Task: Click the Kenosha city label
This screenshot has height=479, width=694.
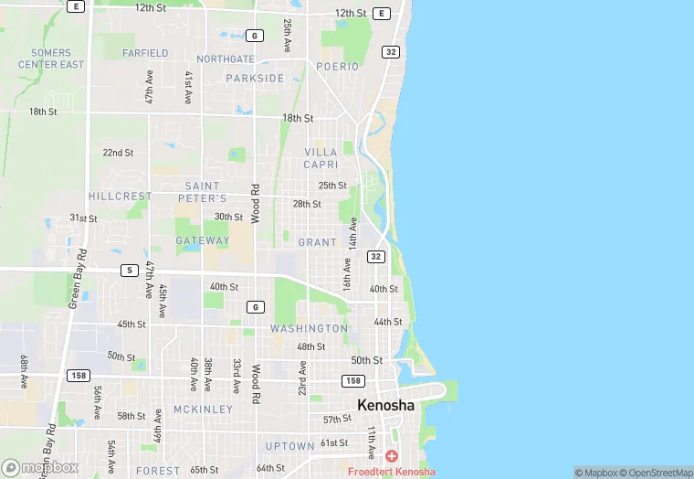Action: (385, 405)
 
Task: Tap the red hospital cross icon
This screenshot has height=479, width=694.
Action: (392, 455)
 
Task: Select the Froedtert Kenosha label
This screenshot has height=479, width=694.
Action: (391, 472)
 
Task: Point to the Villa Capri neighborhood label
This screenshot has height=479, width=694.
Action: (321, 158)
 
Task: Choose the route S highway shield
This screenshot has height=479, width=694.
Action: (131, 271)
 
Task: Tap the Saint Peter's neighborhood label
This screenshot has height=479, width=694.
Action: (203, 192)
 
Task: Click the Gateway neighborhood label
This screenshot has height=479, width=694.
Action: (203, 241)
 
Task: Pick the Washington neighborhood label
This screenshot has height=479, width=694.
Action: (309, 328)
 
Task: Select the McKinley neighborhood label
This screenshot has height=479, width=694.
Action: (203, 410)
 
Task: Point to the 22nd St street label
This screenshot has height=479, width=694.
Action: (118, 153)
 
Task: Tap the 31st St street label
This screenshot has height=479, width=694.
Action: (83, 218)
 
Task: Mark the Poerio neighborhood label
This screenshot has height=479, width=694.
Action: (338, 67)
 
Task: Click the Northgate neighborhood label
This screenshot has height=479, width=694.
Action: (226, 59)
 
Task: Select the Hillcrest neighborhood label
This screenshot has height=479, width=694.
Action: (120, 197)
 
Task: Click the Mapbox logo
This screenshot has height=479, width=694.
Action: (39, 467)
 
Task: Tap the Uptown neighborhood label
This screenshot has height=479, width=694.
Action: (289, 446)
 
